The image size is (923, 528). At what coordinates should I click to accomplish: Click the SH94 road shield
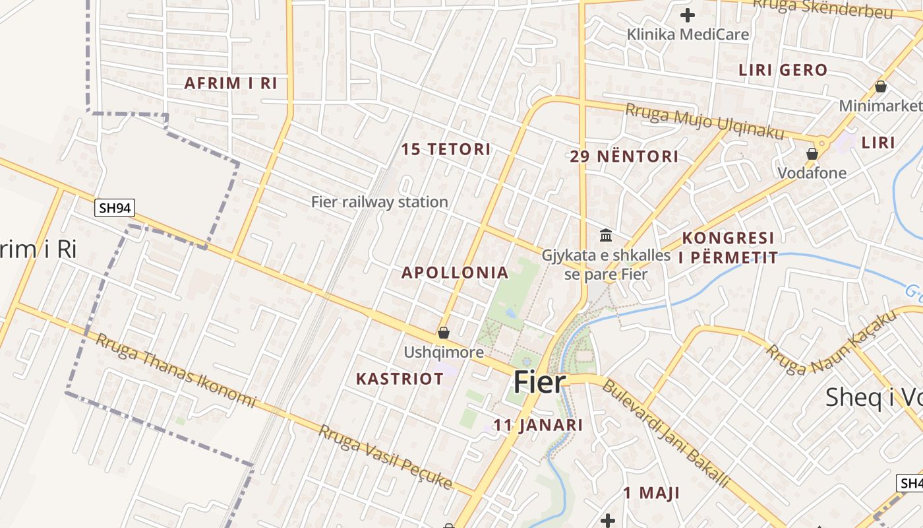pos(115,209)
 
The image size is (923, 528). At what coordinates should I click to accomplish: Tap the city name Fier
pos(539,382)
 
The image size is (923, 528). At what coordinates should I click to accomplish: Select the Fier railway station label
pos(380,202)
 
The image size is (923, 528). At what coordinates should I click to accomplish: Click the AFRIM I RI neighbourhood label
pos(230,83)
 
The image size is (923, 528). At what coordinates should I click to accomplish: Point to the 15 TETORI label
pos(446,149)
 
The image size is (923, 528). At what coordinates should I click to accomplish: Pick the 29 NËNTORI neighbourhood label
pos(624,156)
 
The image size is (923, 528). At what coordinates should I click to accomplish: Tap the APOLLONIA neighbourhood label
pos(455,273)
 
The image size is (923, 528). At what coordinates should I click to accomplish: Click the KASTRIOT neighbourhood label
pos(400,379)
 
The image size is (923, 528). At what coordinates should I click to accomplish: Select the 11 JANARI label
pos(538,425)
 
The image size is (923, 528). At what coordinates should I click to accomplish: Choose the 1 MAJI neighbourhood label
pos(651,493)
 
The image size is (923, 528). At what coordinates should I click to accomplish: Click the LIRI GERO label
pos(783,70)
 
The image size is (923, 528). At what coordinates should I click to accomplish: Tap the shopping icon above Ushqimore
pos(444,333)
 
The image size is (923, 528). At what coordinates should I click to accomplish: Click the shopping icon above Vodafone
pos(812,154)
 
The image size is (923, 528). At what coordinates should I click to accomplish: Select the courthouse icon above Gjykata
pos(606,235)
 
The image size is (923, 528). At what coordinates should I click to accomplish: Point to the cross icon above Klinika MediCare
pos(688,15)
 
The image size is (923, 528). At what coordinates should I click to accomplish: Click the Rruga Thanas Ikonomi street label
pos(175,370)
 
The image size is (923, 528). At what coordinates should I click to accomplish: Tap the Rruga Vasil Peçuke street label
pos(386,457)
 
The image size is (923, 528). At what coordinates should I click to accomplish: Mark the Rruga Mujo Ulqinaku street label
pos(705,121)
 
